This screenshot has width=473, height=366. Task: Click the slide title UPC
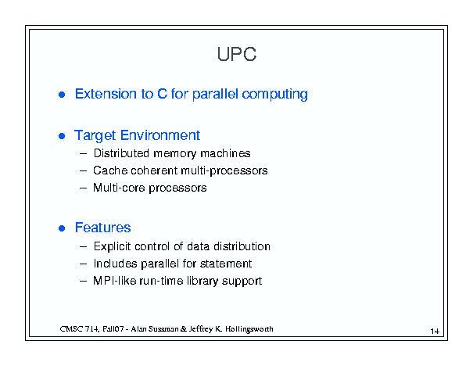pos(237,54)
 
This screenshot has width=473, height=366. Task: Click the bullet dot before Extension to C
pos(62,95)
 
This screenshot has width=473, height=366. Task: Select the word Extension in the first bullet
pos(106,94)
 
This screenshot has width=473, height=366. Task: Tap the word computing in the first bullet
pos(275,95)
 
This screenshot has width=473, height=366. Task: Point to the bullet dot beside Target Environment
pos(62,136)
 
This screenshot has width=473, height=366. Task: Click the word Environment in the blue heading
pos(160,135)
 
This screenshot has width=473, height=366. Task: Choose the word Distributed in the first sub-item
pos(121,153)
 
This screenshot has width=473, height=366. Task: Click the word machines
pos(225,153)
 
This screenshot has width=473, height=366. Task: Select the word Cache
pos(110,170)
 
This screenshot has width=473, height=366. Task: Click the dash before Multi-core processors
pos(84,188)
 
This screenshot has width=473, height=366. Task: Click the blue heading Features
pos(103,228)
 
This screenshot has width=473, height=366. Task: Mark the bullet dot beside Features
pos(62,228)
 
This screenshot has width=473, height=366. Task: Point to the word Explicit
pos(113,246)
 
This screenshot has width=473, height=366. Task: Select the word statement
pos(226,264)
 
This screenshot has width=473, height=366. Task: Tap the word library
pos(202,282)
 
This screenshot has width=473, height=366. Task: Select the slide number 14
pos(435,332)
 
